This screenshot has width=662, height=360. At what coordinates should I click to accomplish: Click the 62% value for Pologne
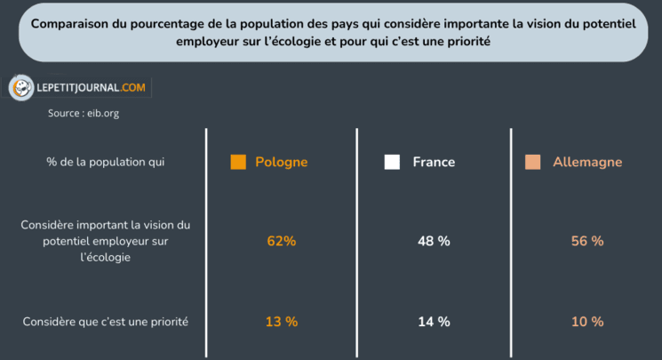pyautogui.click(x=281, y=241)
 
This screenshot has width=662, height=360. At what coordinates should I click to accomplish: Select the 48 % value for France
pyautogui.click(x=434, y=241)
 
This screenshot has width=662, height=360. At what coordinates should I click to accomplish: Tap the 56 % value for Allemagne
pyautogui.click(x=586, y=241)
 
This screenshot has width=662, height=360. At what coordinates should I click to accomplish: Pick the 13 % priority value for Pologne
pyautogui.click(x=281, y=321)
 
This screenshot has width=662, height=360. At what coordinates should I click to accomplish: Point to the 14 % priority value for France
pyautogui.click(x=434, y=321)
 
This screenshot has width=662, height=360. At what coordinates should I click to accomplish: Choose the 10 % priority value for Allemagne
pyautogui.click(x=586, y=321)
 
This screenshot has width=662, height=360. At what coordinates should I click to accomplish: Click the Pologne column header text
pyautogui.click(x=281, y=162)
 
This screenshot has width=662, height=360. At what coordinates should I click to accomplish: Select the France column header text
pyautogui.click(x=434, y=162)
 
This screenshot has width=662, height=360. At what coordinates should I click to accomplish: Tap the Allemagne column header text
pyautogui.click(x=587, y=162)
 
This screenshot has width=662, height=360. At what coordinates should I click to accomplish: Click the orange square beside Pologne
pyautogui.click(x=237, y=162)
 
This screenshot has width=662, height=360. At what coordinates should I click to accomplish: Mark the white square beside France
pyautogui.click(x=391, y=162)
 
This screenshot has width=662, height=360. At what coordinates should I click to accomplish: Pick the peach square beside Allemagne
pyautogui.click(x=532, y=162)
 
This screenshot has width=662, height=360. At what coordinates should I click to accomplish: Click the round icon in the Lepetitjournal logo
pyautogui.click(x=21, y=88)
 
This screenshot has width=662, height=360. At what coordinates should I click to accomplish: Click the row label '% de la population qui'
pyautogui.click(x=105, y=162)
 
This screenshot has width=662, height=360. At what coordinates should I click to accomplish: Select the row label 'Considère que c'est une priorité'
pyautogui.click(x=105, y=321)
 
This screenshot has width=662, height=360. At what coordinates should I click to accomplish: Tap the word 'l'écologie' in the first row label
pyautogui.click(x=105, y=258)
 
